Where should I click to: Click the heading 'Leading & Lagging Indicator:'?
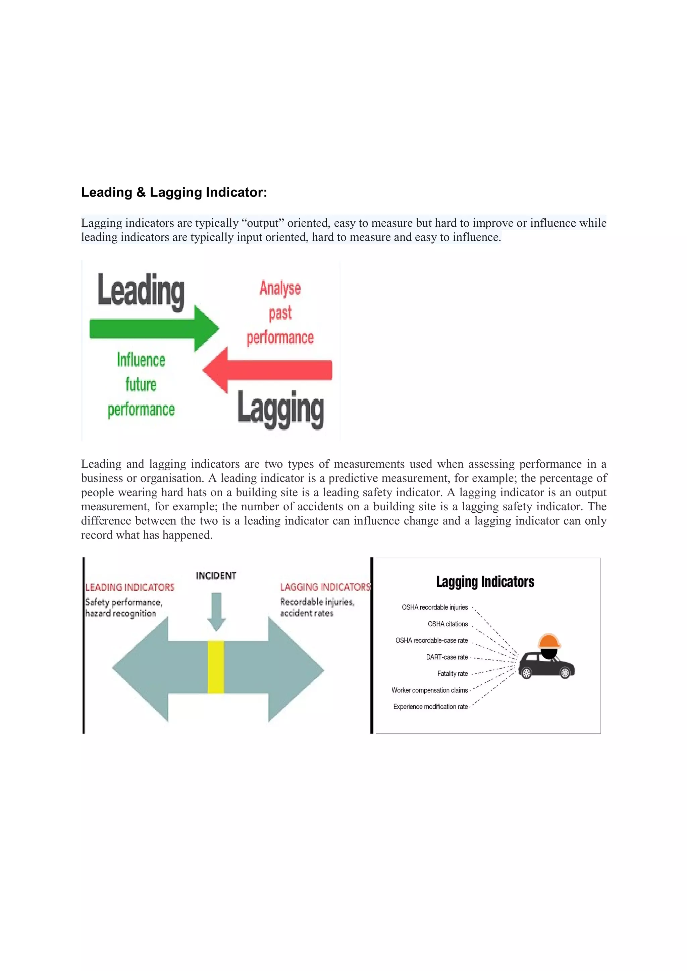point(174,192)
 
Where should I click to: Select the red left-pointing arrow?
point(267,370)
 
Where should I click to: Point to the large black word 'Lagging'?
point(280,408)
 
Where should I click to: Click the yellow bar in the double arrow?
point(216,667)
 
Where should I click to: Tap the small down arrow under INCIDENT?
point(216,612)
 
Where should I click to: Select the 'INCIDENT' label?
point(216,576)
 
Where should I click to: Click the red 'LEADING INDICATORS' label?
point(130,587)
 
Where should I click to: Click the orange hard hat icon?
point(549,641)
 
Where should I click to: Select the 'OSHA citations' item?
point(447,624)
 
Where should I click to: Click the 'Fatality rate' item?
point(452,673)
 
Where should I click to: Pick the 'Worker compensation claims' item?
point(429,690)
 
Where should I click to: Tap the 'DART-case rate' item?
point(447,657)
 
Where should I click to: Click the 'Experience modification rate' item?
point(430,707)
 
